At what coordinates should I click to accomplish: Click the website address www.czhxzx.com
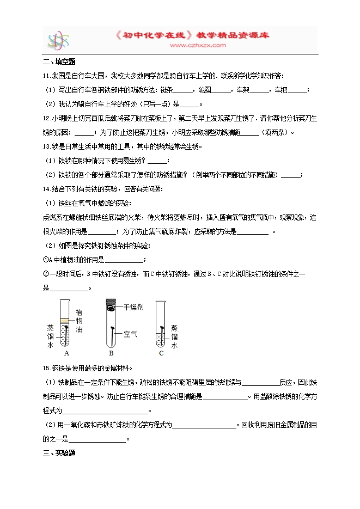pos(198,46)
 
